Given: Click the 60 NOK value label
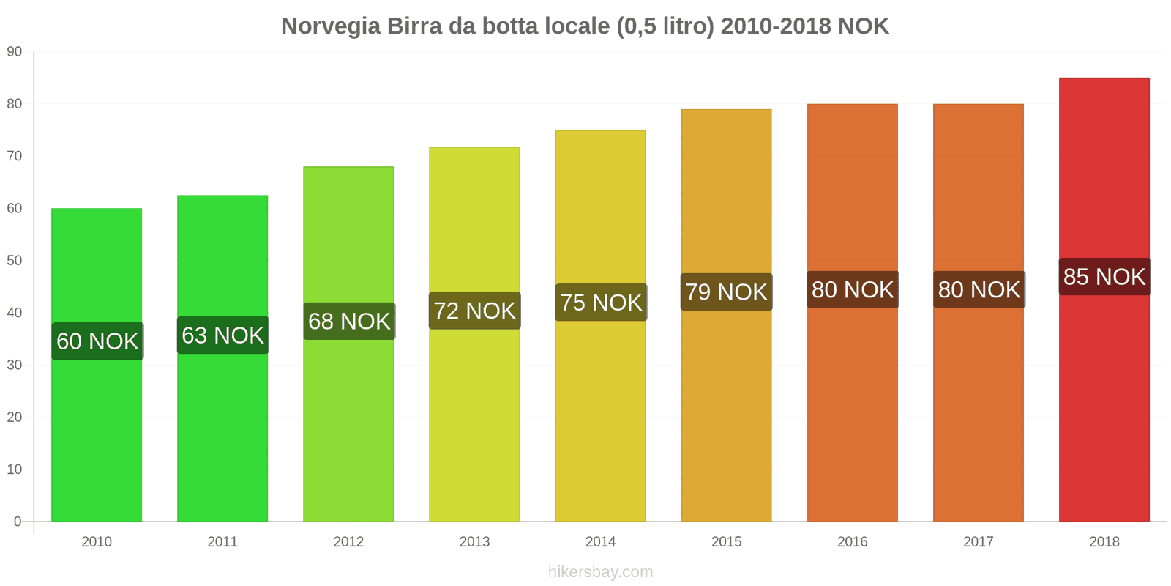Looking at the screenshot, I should pyautogui.click(x=97, y=341).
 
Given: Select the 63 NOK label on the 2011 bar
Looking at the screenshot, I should pyautogui.click(x=222, y=335).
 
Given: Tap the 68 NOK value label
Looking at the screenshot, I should pyautogui.click(x=349, y=322).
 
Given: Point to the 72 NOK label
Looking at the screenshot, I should pyautogui.click(x=474, y=311).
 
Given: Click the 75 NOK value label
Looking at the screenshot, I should pyautogui.click(x=601, y=303).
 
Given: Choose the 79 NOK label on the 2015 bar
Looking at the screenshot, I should pyautogui.click(x=726, y=292).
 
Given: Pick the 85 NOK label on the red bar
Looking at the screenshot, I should pyautogui.click(x=1104, y=277).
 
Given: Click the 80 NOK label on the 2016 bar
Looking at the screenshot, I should pyautogui.click(x=853, y=290).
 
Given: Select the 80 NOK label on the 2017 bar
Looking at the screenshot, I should pyautogui.click(x=979, y=290).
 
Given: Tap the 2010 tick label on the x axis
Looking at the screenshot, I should pyautogui.click(x=97, y=542).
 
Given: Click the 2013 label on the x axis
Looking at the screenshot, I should pyautogui.click(x=474, y=542).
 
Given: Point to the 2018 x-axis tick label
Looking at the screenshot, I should pyautogui.click(x=1104, y=542).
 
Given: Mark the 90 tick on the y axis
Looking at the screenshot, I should pyautogui.click(x=15, y=52).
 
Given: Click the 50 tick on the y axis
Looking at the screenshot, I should pyautogui.click(x=15, y=261).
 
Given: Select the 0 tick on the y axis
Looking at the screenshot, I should pyautogui.click(x=18, y=522).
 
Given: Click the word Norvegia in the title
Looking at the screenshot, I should pyautogui.click(x=331, y=26).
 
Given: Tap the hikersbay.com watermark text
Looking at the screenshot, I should pyautogui.click(x=600, y=572).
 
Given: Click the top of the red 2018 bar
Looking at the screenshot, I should pyautogui.click(x=1104, y=79).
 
